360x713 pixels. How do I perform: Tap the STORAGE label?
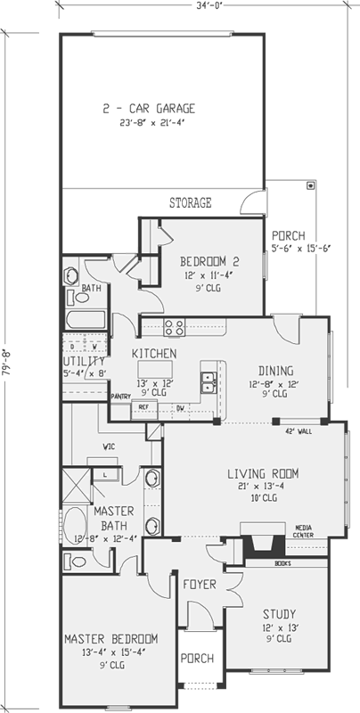click(x=191, y=203)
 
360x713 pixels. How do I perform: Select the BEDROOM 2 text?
click(x=209, y=262)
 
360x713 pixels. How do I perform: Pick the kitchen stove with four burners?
click(x=174, y=326)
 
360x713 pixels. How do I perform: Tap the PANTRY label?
click(x=120, y=396)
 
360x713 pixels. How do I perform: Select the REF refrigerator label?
click(x=143, y=406)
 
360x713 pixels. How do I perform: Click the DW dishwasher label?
click(x=180, y=406)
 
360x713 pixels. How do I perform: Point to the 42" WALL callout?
click(x=297, y=430)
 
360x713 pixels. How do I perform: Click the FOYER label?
click(x=200, y=585)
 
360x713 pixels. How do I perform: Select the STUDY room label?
click(x=279, y=614)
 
